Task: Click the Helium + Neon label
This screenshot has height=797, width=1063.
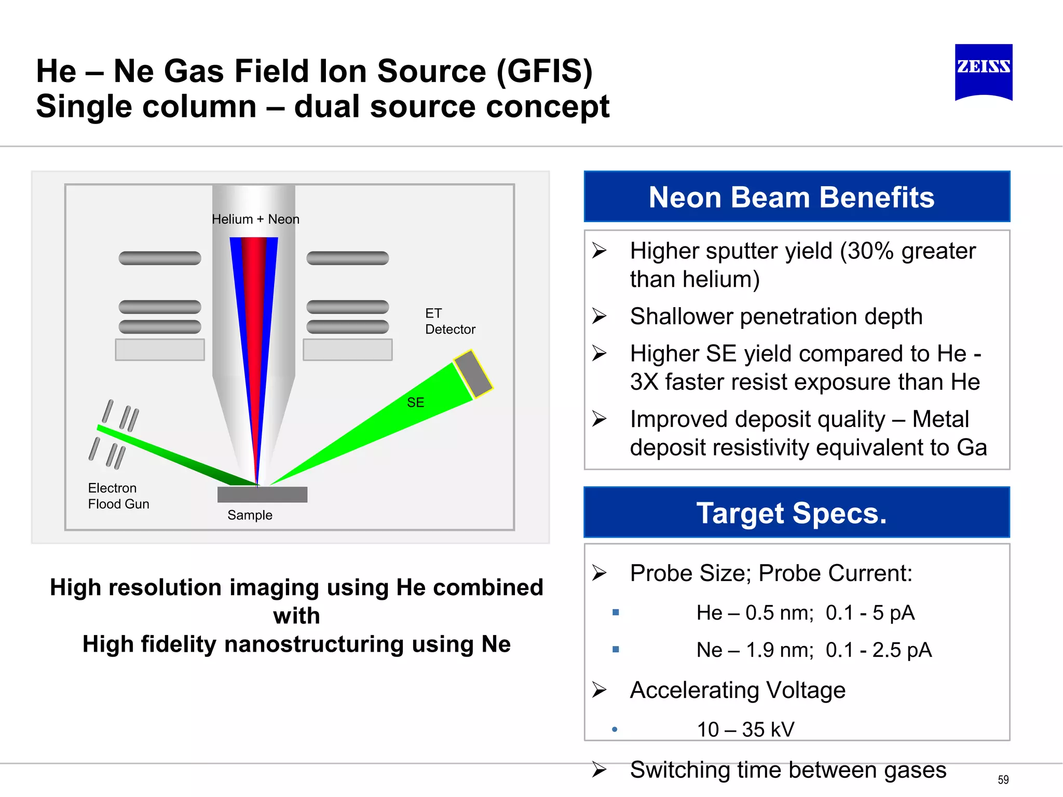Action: coord(255,219)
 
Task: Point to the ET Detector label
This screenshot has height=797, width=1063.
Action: coord(449,321)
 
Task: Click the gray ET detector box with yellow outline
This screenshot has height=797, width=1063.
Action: coord(473,374)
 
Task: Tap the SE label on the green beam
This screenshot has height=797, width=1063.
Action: coord(415,402)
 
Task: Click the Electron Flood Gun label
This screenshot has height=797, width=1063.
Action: coord(118,496)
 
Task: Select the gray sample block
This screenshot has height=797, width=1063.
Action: coord(262,494)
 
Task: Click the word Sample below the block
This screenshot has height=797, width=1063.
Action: coord(250,515)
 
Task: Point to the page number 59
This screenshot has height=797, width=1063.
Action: coord(1003,780)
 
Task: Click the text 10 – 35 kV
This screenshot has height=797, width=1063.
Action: coord(745,730)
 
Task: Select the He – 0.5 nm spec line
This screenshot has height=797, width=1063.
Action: coord(805,613)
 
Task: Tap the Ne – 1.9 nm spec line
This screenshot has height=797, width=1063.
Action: coord(813,650)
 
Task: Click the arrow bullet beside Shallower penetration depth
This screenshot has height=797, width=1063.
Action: coord(599,316)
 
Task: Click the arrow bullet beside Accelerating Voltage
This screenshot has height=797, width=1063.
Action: coord(599,690)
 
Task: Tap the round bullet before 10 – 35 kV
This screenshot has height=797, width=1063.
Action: coord(615,730)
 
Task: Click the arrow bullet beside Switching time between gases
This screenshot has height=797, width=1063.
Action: coord(599,769)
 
